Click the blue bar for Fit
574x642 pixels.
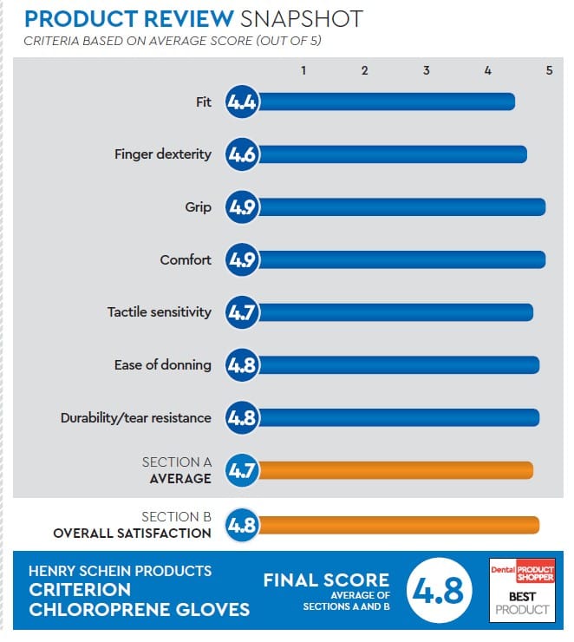[386, 102]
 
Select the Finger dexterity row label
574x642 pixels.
[162, 154]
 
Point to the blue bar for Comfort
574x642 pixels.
[401, 260]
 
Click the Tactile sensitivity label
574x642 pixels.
[159, 311]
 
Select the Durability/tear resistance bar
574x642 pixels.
[399, 418]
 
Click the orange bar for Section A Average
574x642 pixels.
[395, 471]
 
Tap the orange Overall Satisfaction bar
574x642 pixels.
[399, 525]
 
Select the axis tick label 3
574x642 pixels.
[426, 71]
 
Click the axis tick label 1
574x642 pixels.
[303, 71]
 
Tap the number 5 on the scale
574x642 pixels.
[549, 71]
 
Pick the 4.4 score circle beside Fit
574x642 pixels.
[241, 102]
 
